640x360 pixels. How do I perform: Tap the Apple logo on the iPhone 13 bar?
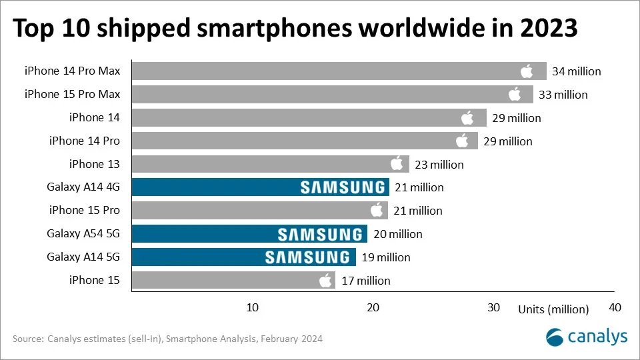[397, 164]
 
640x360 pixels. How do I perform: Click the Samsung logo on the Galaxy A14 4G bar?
[343, 187]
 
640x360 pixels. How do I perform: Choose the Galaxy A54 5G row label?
[83, 233]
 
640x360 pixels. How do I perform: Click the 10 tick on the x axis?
[252, 307]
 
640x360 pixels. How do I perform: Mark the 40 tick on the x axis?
[615, 307]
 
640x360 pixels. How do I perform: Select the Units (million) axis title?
[553, 309]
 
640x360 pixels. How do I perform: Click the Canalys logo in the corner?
[587, 337]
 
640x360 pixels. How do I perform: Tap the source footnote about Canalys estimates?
[167, 339]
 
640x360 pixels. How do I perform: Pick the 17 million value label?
[365, 281]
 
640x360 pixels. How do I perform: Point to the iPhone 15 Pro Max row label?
[72, 94]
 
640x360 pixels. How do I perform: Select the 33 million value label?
[563, 95]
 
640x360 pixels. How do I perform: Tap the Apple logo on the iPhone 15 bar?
[325, 280]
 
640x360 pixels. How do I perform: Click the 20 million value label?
[397, 234]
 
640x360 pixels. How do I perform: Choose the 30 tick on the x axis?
[493, 307]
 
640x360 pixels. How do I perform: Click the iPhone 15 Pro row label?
[85, 210]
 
